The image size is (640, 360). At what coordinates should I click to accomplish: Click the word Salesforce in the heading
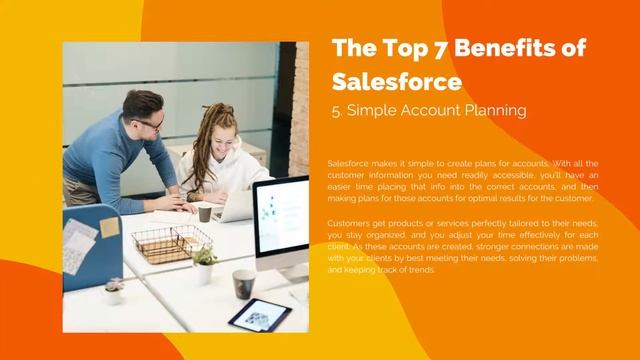(x=396, y=80)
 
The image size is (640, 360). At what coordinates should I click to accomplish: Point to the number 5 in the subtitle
(x=336, y=111)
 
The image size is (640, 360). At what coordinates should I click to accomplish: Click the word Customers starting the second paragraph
(x=349, y=223)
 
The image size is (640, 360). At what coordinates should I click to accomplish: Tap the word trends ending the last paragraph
(x=420, y=271)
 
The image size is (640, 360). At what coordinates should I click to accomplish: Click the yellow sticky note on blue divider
(x=109, y=228)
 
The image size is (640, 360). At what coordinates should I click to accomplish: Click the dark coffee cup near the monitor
(x=243, y=283)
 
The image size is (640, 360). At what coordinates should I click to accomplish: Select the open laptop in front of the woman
(x=237, y=206)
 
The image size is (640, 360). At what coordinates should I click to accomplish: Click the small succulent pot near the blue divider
(x=114, y=291)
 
